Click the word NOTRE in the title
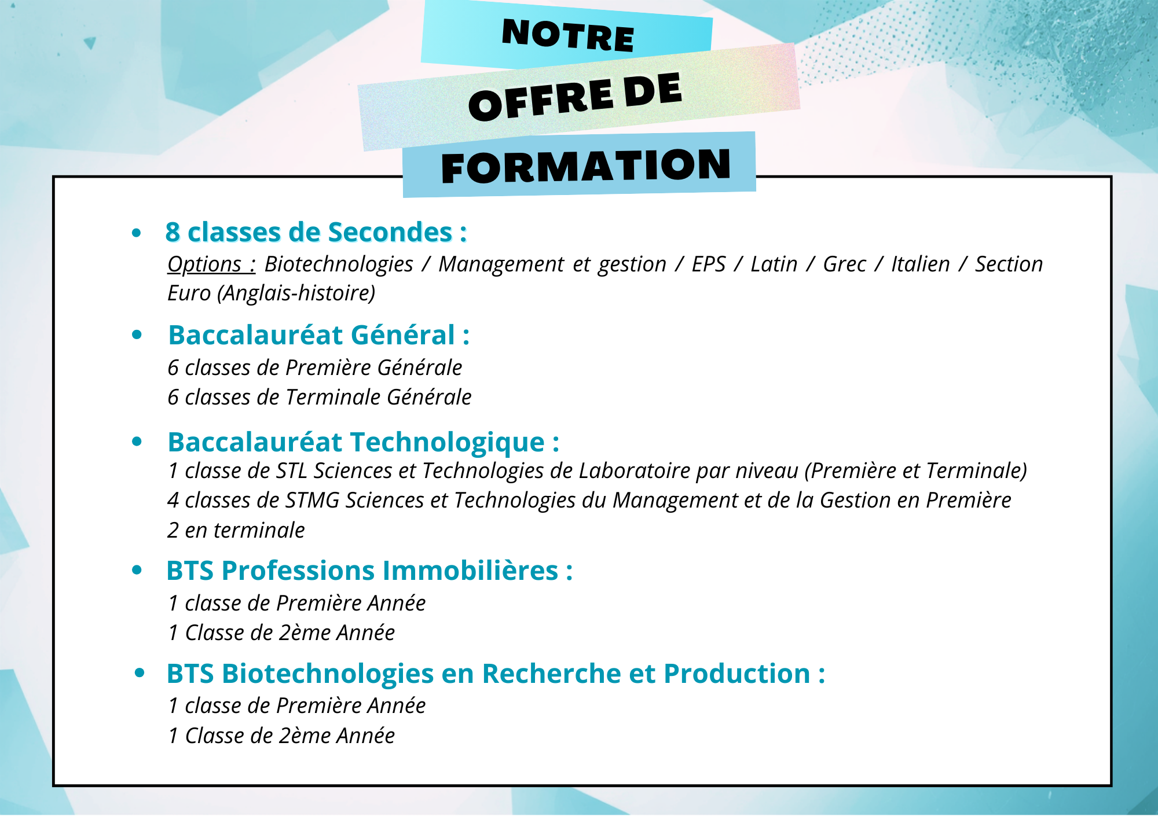(x=568, y=35)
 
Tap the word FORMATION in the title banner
(x=585, y=166)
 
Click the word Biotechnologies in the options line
(x=339, y=264)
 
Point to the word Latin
(x=774, y=264)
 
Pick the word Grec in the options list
(x=845, y=264)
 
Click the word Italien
(x=921, y=264)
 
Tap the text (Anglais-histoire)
(x=296, y=293)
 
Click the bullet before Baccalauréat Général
(x=137, y=335)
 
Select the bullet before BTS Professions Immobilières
(x=137, y=570)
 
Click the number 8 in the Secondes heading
(x=173, y=232)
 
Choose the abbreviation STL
(x=291, y=471)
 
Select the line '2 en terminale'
(x=236, y=530)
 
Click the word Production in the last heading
(x=737, y=674)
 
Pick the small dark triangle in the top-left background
(x=90, y=43)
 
